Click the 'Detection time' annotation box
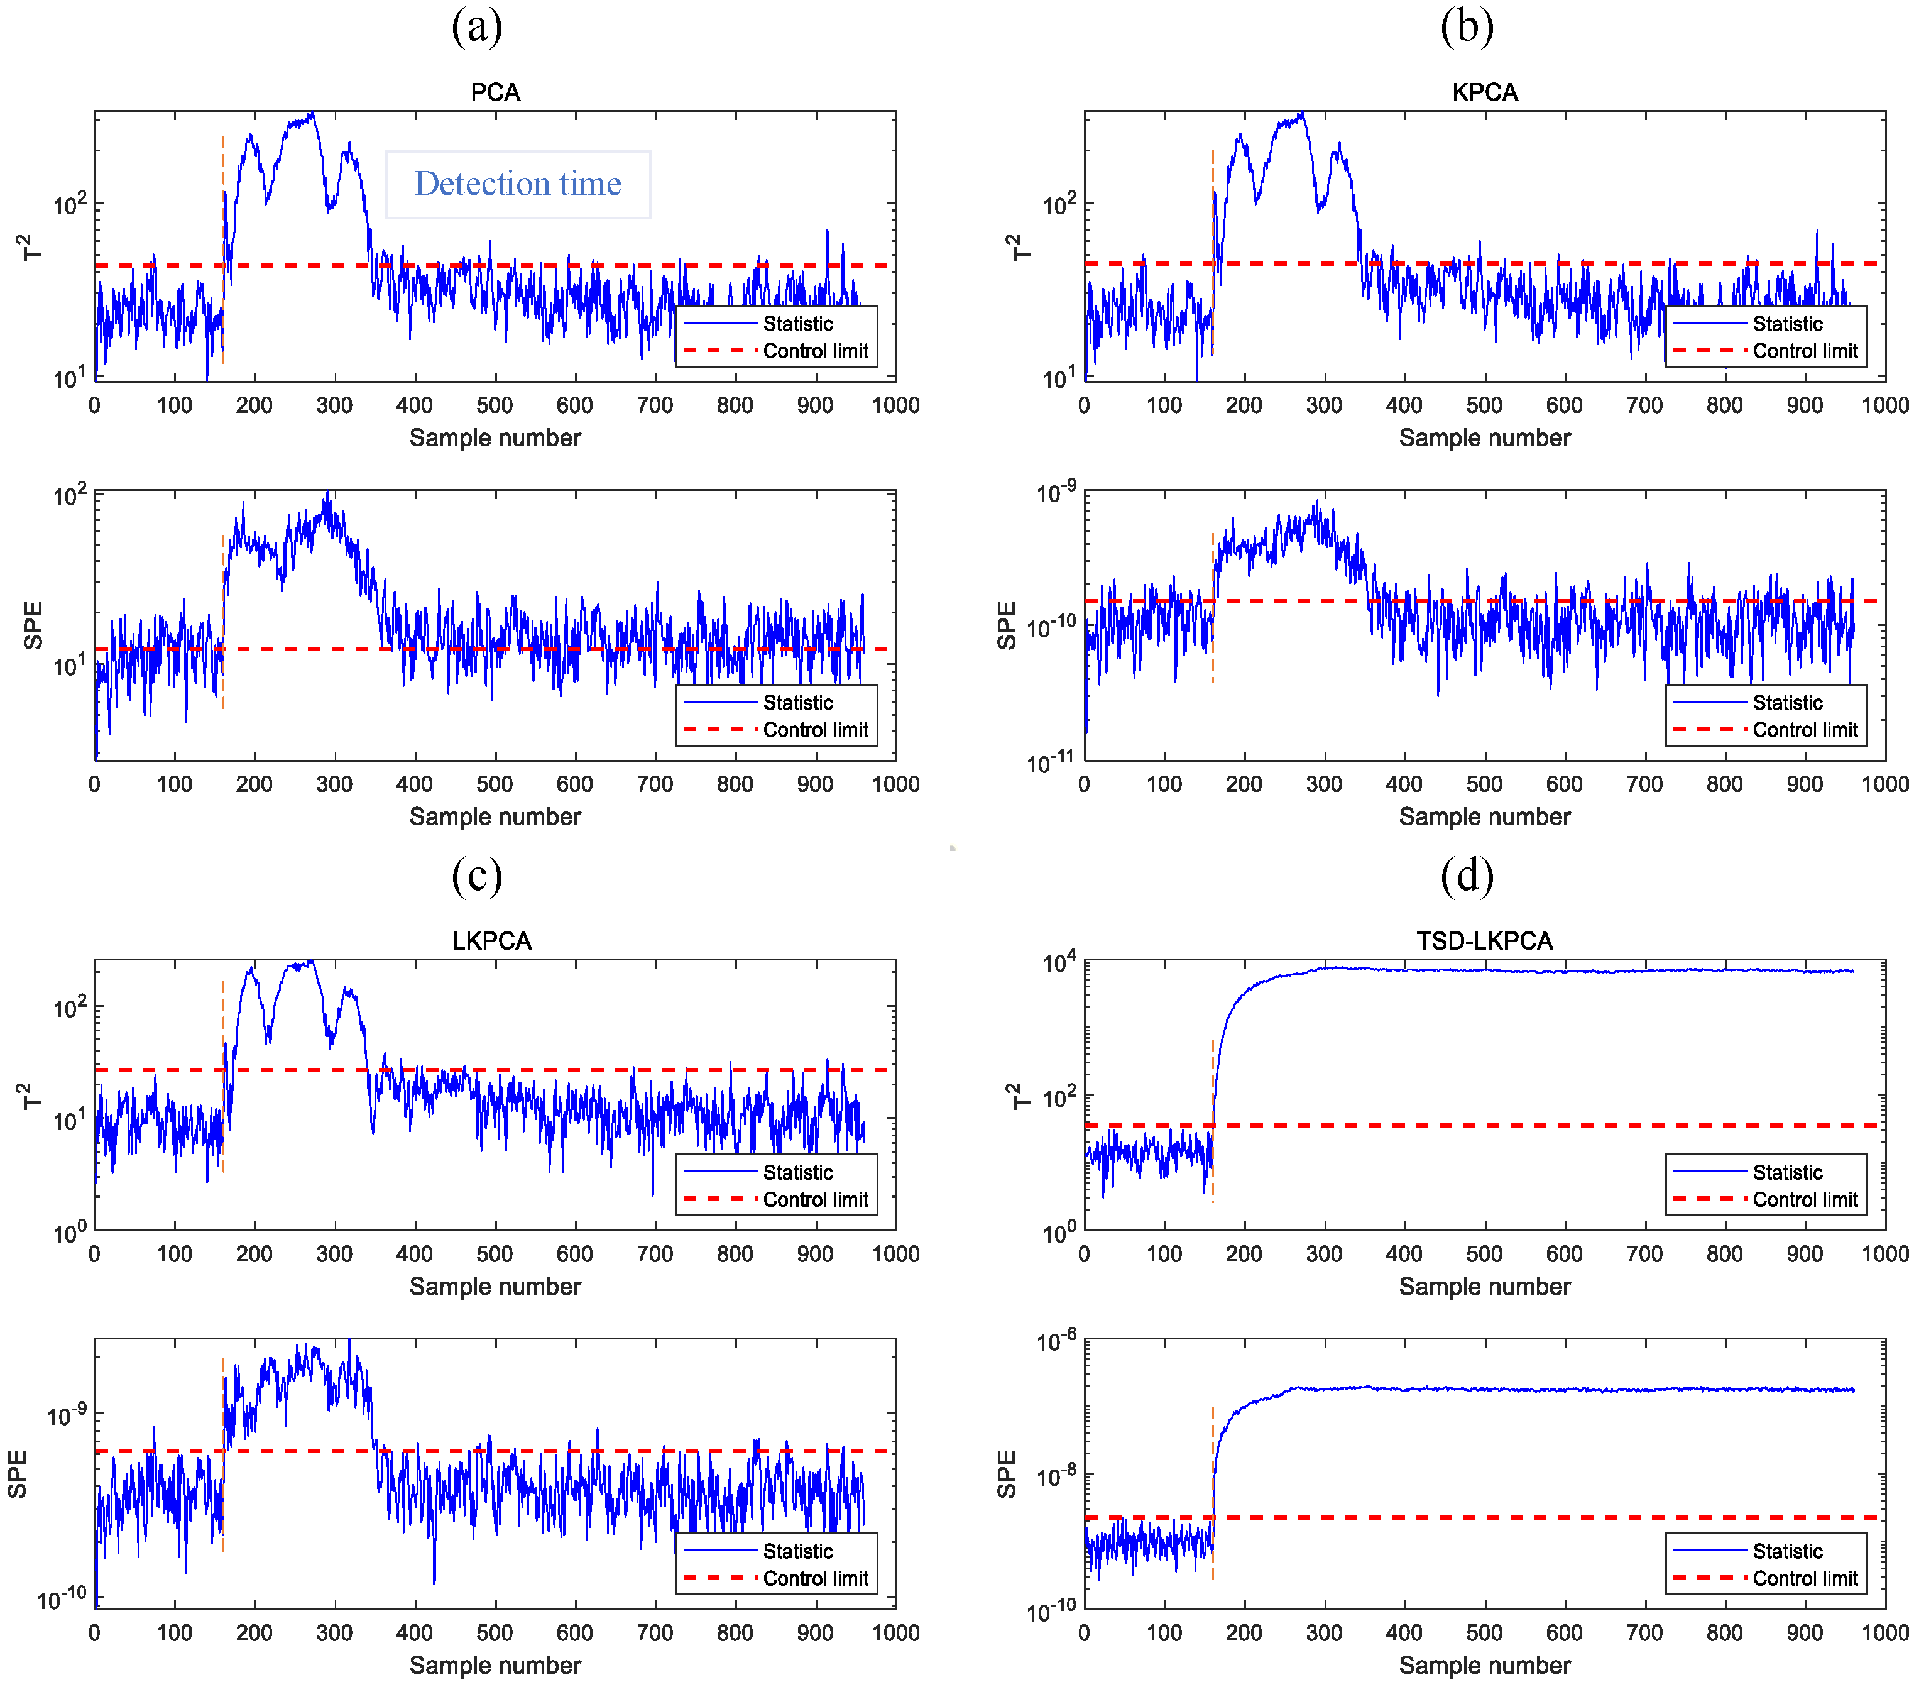[x=518, y=185]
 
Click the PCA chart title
[x=495, y=92]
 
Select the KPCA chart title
[x=1484, y=92]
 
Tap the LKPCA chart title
[x=491, y=940]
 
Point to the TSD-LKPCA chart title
[x=1484, y=940]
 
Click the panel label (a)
[x=477, y=26]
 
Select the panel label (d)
[x=1467, y=875]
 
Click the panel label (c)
[x=477, y=875]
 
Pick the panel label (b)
[x=1467, y=26]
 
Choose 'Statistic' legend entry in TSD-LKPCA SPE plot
[x=1786, y=1551]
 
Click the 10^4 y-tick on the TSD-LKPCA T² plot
[x=1059, y=963]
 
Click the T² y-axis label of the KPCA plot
[x=1020, y=246]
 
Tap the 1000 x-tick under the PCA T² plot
[x=895, y=405]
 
